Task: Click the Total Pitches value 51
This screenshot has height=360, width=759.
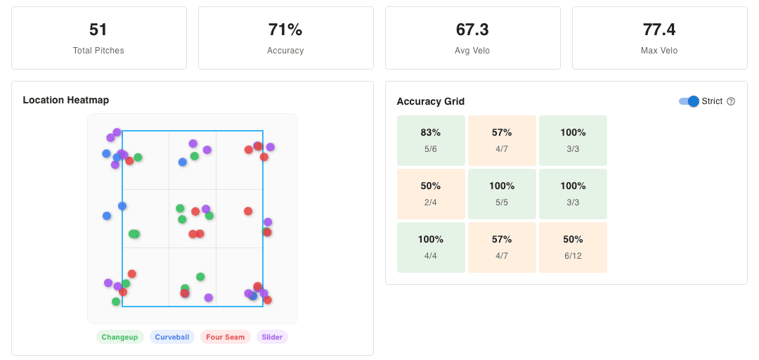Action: (x=98, y=30)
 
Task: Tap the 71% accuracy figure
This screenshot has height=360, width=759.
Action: (x=285, y=30)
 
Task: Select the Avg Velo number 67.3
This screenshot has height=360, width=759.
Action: (x=472, y=30)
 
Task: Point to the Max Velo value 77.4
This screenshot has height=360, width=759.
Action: (x=659, y=30)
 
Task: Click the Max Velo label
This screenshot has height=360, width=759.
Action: (x=659, y=51)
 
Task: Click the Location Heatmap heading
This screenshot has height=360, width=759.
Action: (x=66, y=100)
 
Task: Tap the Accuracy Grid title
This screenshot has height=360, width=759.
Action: (x=431, y=101)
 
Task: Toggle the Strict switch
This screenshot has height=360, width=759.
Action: (x=689, y=101)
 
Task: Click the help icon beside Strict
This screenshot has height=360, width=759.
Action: (x=731, y=101)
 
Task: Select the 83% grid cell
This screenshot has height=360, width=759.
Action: (x=431, y=141)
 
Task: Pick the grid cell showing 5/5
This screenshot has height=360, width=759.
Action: (x=502, y=194)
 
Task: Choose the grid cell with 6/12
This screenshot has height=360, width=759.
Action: (x=573, y=247)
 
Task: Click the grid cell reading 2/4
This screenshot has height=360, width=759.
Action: (x=431, y=194)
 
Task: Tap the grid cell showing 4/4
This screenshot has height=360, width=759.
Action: (x=431, y=247)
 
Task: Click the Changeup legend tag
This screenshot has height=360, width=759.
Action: (x=119, y=337)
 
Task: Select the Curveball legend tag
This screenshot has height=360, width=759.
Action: (x=172, y=337)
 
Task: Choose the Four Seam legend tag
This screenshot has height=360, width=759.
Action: (x=225, y=337)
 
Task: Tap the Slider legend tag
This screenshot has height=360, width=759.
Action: (x=272, y=337)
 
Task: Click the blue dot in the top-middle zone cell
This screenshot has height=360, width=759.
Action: (x=183, y=162)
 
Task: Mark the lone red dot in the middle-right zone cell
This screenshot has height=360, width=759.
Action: (x=248, y=211)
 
